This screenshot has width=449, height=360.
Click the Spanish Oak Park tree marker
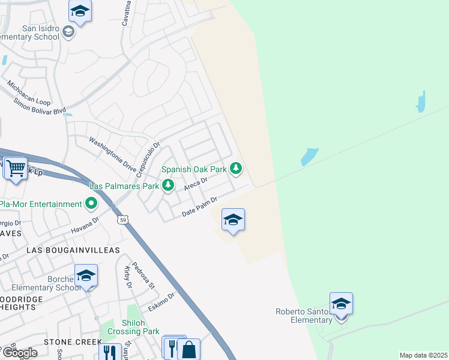[x=237, y=169]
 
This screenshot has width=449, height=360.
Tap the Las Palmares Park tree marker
[x=169, y=186]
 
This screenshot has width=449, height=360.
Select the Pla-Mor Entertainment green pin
[x=91, y=204]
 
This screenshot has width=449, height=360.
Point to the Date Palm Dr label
[x=199, y=208]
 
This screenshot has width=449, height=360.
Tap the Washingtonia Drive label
[x=113, y=154]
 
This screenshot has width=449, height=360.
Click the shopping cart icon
[x=16, y=168]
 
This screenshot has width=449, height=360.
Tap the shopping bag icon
[x=188, y=350]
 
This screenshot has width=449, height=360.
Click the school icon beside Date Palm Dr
[x=233, y=220]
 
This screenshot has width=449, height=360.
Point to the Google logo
[x=19, y=353]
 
